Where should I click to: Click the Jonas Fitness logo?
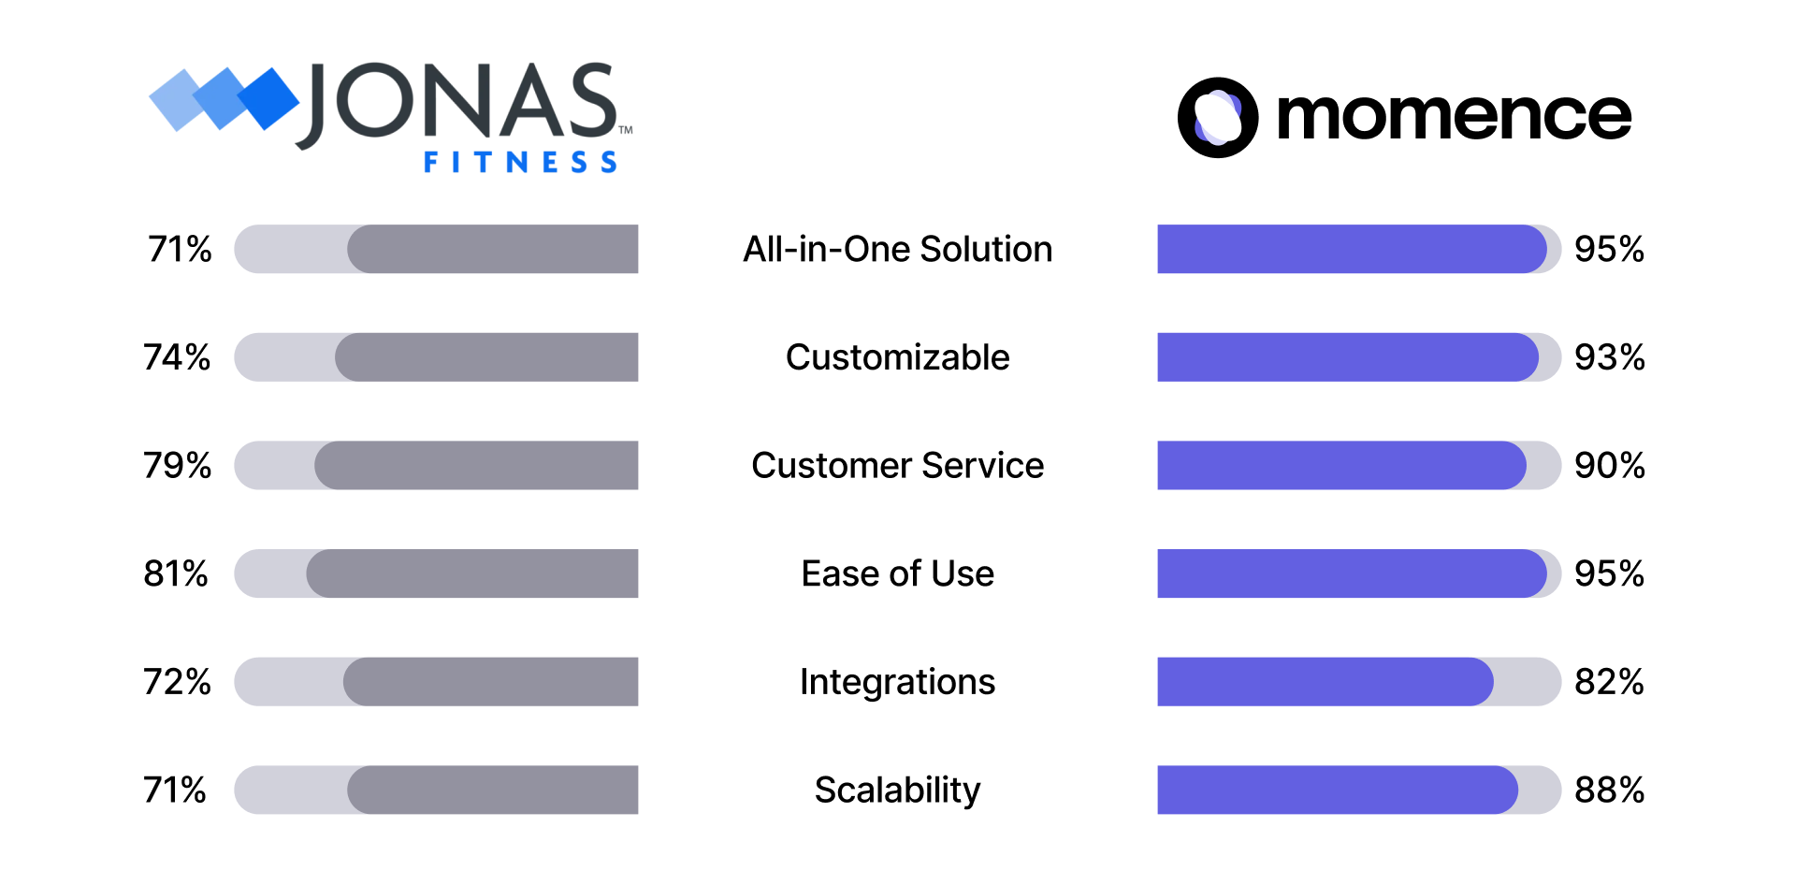(391, 117)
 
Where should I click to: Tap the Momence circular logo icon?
(1217, 118)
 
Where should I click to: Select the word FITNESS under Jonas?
(520, 162)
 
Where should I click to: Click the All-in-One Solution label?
(897, 249)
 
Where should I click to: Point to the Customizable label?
(897, 356)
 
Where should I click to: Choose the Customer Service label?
(897, 465)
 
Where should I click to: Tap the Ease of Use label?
(897, 573)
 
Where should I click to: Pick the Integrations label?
(897, 682)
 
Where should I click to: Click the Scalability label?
(897, 791)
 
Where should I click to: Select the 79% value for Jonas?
(178, 465)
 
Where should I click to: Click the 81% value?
(176, 573)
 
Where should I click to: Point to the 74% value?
(177, 356)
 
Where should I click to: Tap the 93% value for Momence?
(1609, 356)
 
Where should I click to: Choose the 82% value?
(1609, 681)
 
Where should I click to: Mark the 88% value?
(1609, 790)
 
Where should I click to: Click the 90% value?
(1609, 465)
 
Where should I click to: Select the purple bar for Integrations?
(1325, 681)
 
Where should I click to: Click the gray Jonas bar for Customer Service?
(476, 465)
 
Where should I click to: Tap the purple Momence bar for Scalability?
(1338, 790)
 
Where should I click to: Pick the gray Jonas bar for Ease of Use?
(472, 573)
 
